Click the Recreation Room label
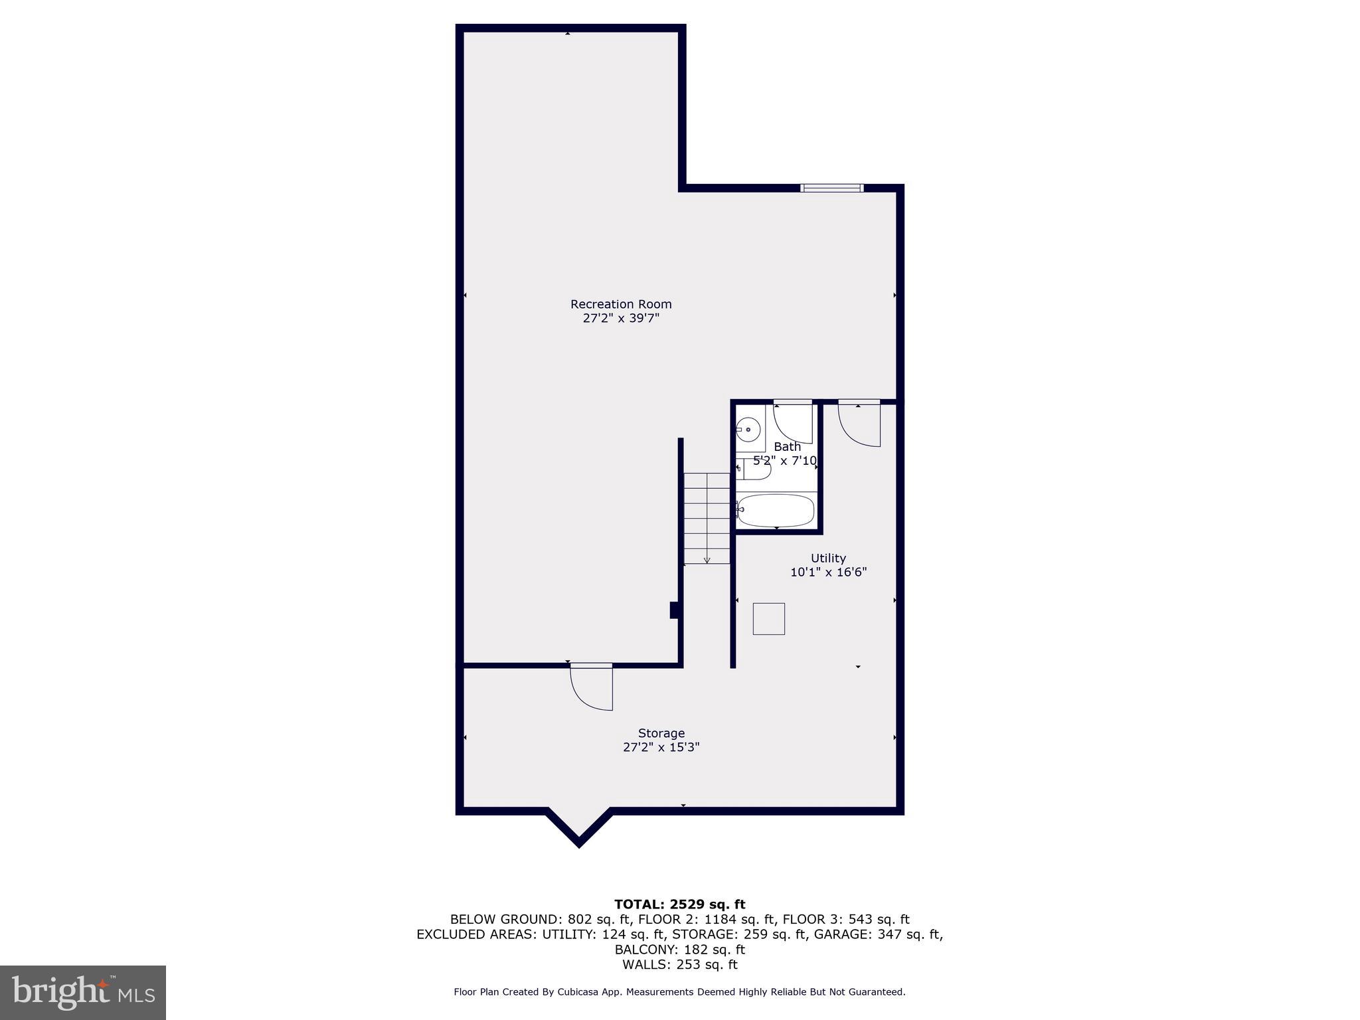[x=621, y=304]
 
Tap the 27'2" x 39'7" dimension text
[x=621, y=319]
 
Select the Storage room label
[x=661, y=733]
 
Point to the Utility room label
[x=828, y=558]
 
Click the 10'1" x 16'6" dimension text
[x=828, y=572]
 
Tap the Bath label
[x=787, y=447]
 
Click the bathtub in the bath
[x=776, y=510]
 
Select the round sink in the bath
[x=749, y=430]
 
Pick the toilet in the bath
[x=755, y=469]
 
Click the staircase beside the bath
[x=707, y=518]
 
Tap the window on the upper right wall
[x=831, y=188]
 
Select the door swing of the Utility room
[x=859, y=424]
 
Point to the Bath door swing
[x=793, y=422]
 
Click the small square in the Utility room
[x=768, y=619]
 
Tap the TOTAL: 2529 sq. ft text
[x=679, y=904]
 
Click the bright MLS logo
[x=83, y=992]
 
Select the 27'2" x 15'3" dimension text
[x=661, y=748]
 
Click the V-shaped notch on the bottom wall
[x=578, y=833]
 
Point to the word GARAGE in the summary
[x=837, y=934]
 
